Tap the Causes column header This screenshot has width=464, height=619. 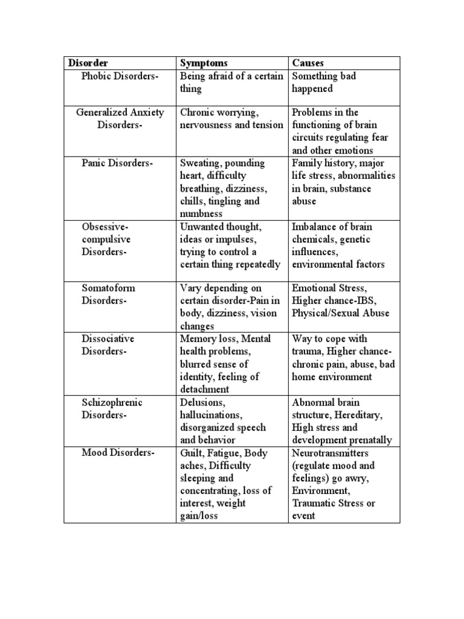pos(308,63)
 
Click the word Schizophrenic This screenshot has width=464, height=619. pos(112,403)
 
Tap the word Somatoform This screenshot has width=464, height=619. pos(108,288)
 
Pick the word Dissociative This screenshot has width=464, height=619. pos(108,339)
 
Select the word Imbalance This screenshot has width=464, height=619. pos(312,227)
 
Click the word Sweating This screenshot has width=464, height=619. pos(199,163)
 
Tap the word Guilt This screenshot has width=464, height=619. pos(192,453)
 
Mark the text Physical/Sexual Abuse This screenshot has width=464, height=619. pos(341,313)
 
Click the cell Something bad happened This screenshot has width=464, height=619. pos(323,82)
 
